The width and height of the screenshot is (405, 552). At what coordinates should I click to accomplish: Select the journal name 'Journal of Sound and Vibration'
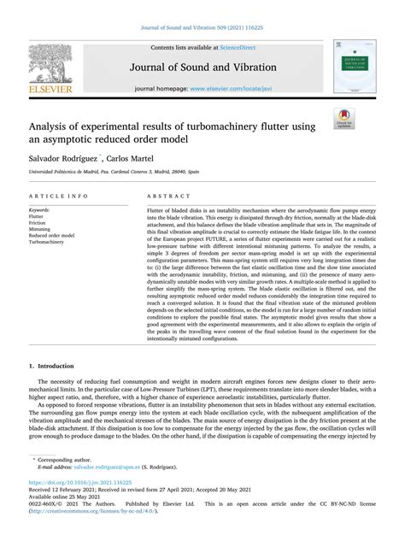point(201,67)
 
